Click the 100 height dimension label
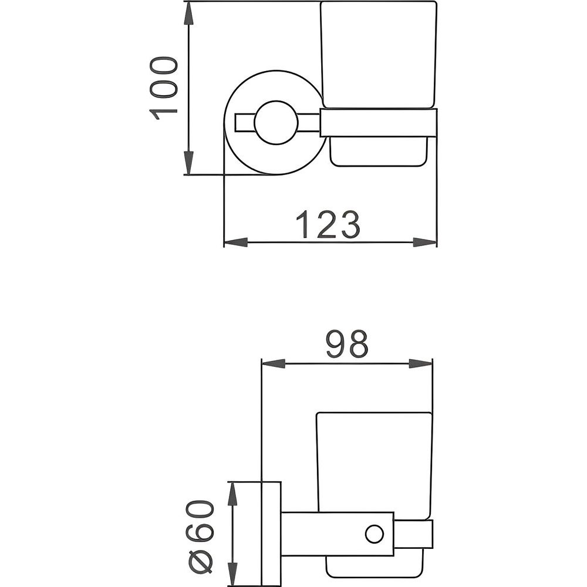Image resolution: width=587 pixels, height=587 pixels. [x=163, y=89]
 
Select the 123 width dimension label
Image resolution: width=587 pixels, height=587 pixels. [x=328, y=225]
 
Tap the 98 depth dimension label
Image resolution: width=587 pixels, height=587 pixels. [x=348, y=343]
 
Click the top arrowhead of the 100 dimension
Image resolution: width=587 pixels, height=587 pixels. [x=190, y=15]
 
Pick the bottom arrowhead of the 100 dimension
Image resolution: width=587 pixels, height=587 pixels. [x=190, y=163]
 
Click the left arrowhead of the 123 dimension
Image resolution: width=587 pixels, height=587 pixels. [x=236, y=242]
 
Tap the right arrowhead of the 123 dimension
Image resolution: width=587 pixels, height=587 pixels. [x=424, y=242]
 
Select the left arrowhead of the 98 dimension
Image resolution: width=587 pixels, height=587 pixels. [x=274, y=363]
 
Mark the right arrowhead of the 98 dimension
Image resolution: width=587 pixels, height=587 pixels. [x=420, y=363]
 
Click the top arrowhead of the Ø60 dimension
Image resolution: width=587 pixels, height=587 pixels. [x=233, y=494]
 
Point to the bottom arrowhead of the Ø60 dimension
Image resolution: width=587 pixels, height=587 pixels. [x=233, y=574]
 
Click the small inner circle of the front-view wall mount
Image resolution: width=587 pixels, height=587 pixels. [x=276, y=123]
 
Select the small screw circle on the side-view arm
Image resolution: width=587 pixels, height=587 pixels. [x=375, y=534]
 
